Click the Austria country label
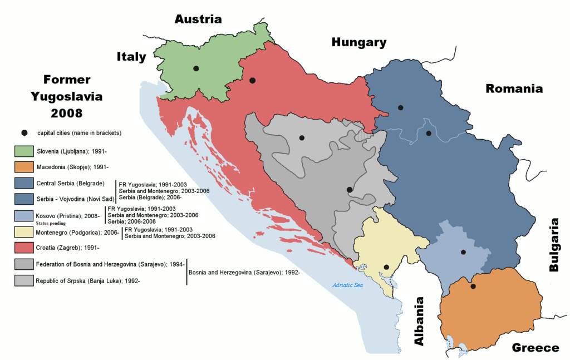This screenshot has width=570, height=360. point(198,19)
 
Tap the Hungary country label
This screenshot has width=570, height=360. point(358,42)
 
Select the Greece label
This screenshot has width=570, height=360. point(535,348)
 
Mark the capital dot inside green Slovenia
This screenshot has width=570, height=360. point(196,68)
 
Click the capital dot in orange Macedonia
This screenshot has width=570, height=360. point(473,287)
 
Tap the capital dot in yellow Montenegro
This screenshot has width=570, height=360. point(386,267)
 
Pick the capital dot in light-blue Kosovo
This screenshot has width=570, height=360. point(463,252)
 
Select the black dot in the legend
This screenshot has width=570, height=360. point(24,133)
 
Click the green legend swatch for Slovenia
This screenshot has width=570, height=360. point(23,151)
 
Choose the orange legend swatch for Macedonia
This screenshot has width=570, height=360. point(23,167)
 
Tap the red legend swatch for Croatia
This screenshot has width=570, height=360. point(23,247)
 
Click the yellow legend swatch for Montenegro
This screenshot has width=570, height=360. point(23,231)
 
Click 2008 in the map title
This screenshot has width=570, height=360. point(67,114)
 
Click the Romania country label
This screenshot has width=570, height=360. point(514,88)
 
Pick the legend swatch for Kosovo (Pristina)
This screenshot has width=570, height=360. point(23,215)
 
